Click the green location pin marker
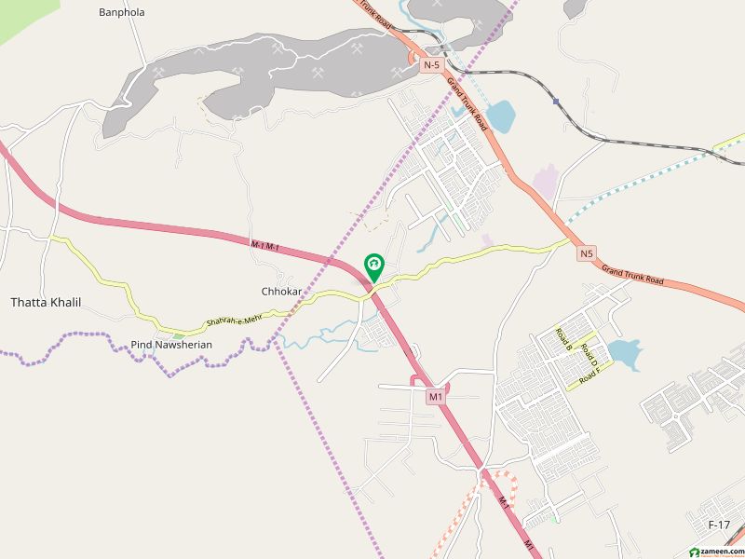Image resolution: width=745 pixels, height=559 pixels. point(374,266)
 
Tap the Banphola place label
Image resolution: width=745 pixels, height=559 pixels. point(121,12)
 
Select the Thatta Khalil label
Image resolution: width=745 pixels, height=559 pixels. point(46,303)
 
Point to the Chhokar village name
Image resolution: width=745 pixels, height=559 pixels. point(279,292)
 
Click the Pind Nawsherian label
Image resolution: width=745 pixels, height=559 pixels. point(171,345)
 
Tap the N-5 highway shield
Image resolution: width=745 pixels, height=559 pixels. point(430,65)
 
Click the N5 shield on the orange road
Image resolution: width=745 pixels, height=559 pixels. point(585,252)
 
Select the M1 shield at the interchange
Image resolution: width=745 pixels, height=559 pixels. point(435,397)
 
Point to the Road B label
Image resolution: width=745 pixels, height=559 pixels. point(562,338)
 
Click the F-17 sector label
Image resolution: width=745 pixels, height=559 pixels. point(719,525)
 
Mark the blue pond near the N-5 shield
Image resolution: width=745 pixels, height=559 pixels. point(499,116)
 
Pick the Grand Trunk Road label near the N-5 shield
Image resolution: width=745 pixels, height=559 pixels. point(467,102)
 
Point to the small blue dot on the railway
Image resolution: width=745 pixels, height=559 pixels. point(555,101)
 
